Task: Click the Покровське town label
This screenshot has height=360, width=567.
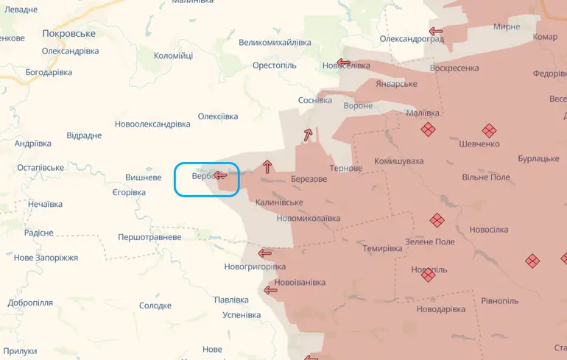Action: (69, 34)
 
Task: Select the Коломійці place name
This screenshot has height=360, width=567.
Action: (173, 56)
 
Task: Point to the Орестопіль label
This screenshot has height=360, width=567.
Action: (274, 66)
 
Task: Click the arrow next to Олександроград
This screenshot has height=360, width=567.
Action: (436, 32)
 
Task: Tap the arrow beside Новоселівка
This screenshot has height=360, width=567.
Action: (343, 63)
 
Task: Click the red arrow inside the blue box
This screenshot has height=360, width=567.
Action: (220, 175)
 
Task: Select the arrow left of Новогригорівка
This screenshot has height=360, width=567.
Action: (265, 253)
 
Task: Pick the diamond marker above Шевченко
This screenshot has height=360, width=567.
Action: (428, 129)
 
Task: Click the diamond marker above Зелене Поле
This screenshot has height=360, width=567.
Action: (437, 220)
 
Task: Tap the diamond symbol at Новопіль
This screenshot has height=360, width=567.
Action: (428, 275)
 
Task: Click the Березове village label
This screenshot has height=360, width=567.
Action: (309, 179)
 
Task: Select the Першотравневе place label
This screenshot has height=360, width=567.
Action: (149, 238)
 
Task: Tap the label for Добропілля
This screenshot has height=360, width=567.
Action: (30, 303)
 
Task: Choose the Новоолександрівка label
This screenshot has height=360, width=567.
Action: (152, 124)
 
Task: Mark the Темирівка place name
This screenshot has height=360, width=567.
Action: (382, 249)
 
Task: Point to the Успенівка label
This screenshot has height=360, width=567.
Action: (242, 315)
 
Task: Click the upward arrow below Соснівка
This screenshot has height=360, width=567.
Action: (307, 135)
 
